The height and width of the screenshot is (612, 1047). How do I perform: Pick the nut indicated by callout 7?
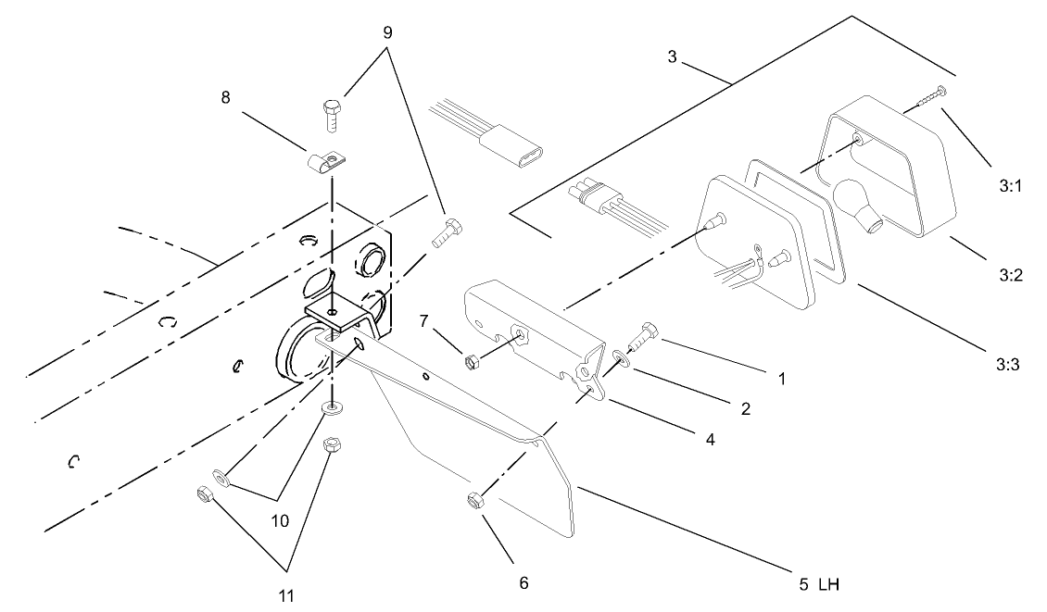[471, 359]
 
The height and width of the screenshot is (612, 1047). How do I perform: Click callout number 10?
[280, 521]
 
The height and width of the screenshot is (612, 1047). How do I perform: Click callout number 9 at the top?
[387, 31]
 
